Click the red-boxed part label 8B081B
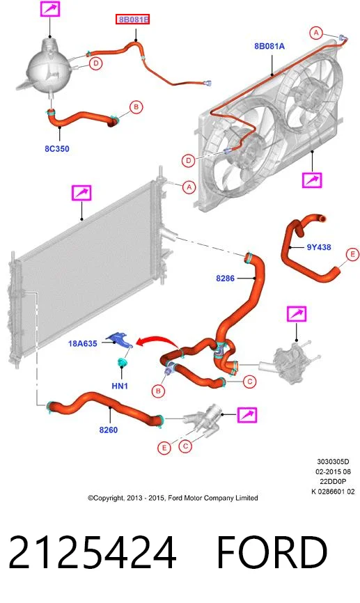[x=133, y=19]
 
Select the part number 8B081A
[x=269, y=46]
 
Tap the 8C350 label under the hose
[x=57, y=149]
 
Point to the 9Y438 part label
[x=319, y=247]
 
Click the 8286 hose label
[x=225, y=278]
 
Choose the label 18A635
[x=83, y=343]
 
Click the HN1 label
[x=120, y=385]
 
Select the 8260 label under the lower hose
[x=109, y=430]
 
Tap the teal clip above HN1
[x=123, y=362]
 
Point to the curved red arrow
[x=156, y=340]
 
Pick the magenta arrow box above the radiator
[x=81, y=193]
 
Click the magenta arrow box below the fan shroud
[x=311, y=180]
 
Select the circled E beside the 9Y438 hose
[x=352, y=254]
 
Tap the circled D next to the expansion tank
[x=96, y=63]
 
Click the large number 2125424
[x=92, y=553]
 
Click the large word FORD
[x=272, y=553]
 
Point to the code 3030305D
[x=333, y=462]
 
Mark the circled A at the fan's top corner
[x=316, y=33]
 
